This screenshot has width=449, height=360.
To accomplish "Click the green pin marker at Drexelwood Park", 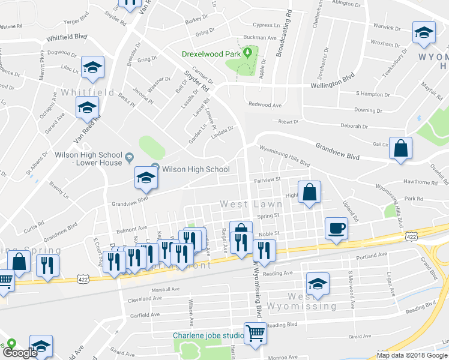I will (247, 54).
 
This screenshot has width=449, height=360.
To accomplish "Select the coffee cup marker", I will (336, 229).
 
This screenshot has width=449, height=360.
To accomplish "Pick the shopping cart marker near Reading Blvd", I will (256, 332).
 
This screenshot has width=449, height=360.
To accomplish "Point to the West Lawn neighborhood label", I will (243, 204).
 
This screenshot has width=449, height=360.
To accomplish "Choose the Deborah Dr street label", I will (354, 127).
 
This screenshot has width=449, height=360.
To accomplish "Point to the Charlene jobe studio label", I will (207, 335).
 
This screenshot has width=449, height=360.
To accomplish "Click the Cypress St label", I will (267, 26).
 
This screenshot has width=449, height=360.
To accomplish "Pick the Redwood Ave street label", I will (265, 106).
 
